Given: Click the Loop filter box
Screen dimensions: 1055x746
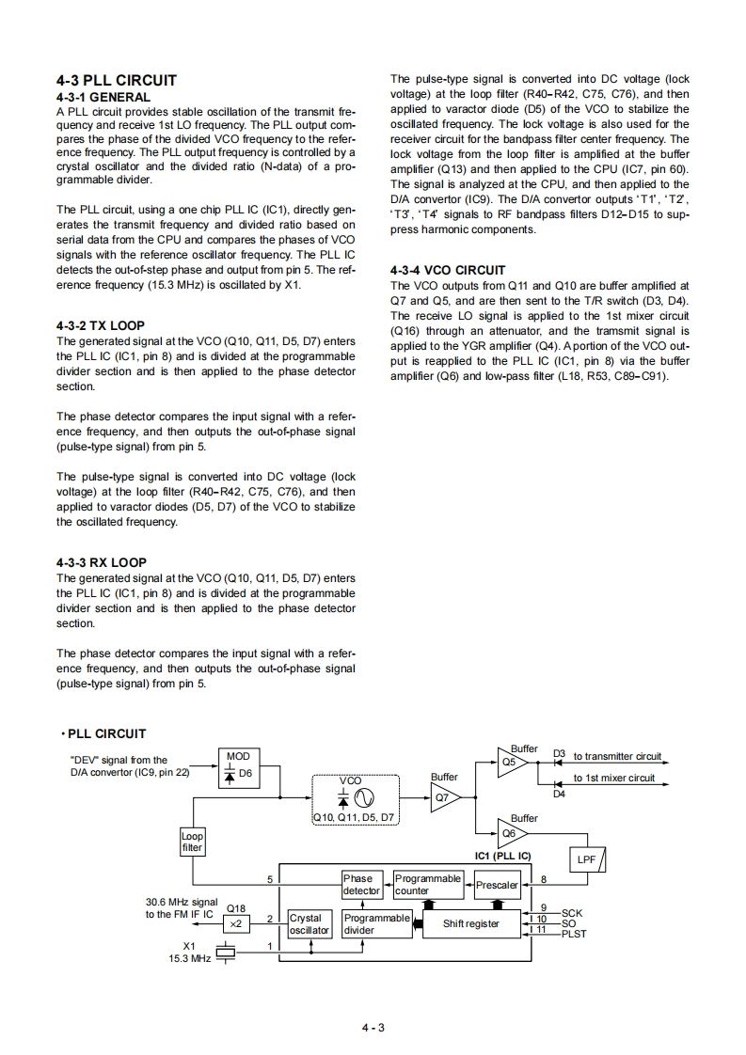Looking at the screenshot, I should click(x=192, y=841).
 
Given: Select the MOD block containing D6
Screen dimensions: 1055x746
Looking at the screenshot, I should click(x=238, y=765).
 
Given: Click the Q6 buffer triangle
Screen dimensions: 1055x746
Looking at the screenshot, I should click(x=514, y=832).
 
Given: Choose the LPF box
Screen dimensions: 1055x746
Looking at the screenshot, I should click(x=590, y=859).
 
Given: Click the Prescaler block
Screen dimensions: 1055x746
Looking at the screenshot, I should click(x=497, y=885).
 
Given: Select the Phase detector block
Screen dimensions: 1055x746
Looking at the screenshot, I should click(x=362, y=884).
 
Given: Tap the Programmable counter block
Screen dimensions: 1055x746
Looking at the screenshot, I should click(x=428, y=884).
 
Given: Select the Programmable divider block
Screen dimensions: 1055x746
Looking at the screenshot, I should click(x=375, y=924).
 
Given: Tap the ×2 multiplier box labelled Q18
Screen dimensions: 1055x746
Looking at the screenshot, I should click(x=236, y=924).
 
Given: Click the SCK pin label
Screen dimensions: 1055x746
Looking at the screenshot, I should click(x=571, y=912).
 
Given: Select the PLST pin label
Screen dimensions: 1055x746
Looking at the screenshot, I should click(x=574, y=934).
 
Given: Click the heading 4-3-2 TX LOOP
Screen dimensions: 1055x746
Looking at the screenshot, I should click(x=101, y=326).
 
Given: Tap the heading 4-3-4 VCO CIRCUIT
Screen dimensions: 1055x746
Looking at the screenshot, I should click(x=447, y=270).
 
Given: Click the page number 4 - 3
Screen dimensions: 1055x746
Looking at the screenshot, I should click(x=373, y=1027).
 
